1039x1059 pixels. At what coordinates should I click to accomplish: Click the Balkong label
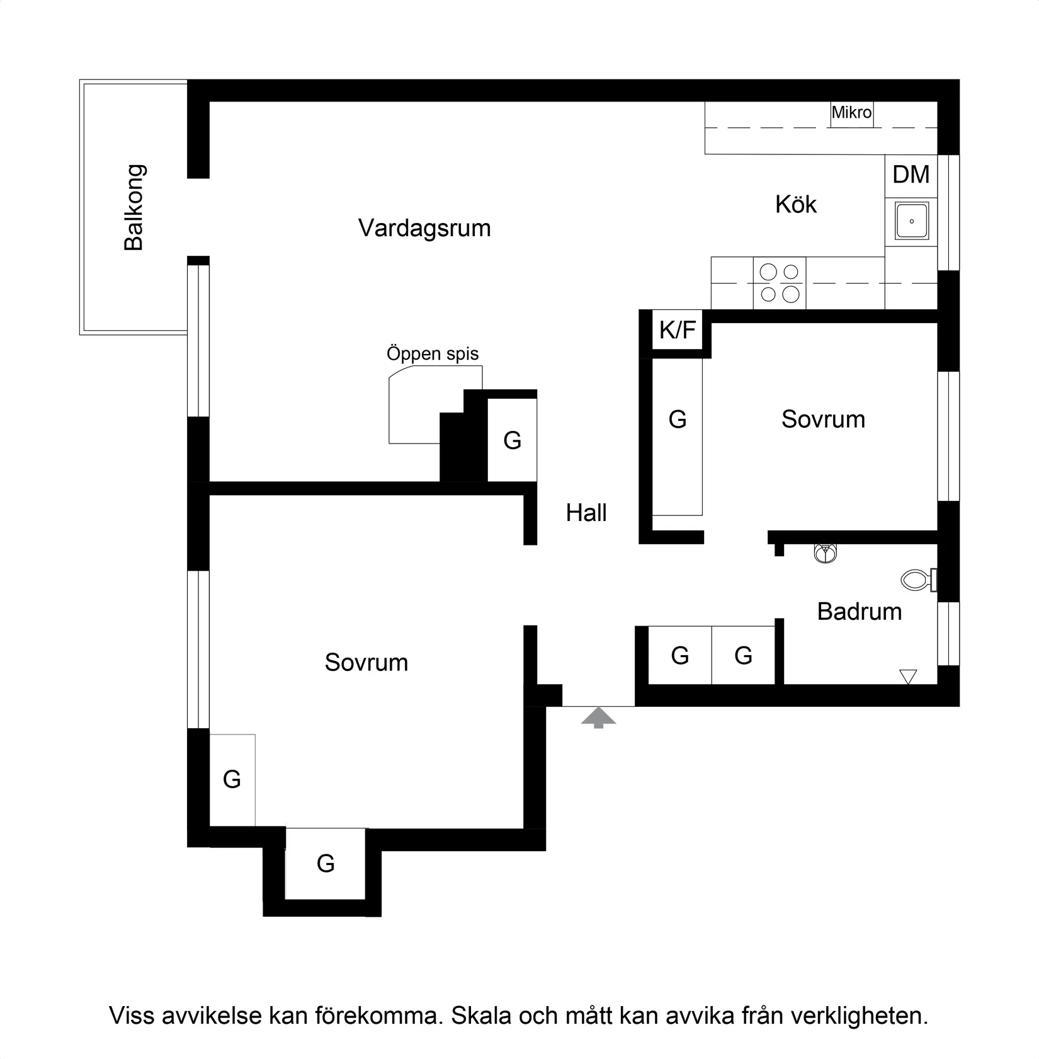tap(134, 207)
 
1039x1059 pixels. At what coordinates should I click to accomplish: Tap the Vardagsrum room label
tap(424, 228)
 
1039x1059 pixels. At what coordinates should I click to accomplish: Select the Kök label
tap(795, 205)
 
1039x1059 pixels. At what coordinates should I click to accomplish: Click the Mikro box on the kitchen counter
tap(851, 113)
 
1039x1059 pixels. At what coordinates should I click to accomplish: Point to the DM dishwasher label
tap(911, 175)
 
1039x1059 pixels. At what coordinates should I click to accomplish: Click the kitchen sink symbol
tap(911, 221)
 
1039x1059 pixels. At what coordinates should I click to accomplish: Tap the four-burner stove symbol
tap(779, 283)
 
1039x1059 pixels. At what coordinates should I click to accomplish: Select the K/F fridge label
tap(677, 329)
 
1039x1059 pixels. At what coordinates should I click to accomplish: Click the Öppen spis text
tap(433, 353)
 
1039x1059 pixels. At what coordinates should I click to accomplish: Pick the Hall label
tap(586, 513)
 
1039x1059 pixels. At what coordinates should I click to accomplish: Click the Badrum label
tap(859, 612)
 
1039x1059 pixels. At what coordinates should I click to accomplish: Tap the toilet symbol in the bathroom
tap(917, 580)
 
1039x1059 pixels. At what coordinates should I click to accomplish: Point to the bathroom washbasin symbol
tap(825, 554)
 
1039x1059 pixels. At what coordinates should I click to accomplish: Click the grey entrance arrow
tap(598, 717)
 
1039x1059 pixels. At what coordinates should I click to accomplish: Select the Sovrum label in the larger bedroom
tap(366, 663)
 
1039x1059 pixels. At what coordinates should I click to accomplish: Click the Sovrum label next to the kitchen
tap(822, 420)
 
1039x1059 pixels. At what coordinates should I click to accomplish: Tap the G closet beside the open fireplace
tap(512, 440)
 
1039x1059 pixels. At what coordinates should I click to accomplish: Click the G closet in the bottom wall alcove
tap(325, 863)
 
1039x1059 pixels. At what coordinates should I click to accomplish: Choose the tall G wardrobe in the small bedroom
tap(677, 420)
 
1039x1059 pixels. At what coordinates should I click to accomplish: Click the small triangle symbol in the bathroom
tap(907, 677)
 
